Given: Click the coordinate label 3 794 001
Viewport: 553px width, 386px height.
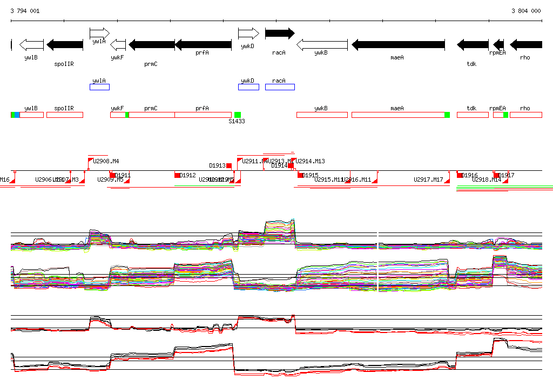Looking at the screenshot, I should coord(25,11).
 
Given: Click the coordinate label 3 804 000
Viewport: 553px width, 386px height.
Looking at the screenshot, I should coord(526,11).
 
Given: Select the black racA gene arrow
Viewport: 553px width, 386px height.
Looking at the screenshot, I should coord(279,34).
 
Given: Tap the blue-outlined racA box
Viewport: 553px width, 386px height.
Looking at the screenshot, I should coord(280,87).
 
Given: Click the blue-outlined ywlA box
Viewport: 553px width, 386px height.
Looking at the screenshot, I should coord(99,87).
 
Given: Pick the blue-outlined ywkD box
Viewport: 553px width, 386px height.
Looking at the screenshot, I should coord(248,87).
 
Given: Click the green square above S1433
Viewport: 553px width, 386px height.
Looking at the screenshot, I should coord(237,115).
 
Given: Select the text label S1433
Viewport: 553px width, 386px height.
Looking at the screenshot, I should coord(237,122).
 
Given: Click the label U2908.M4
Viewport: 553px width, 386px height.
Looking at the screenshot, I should coord(106,161).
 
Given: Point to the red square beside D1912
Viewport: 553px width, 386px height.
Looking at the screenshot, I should coord(177,175).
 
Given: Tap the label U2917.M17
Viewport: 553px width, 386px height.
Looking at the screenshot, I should coord(428,179).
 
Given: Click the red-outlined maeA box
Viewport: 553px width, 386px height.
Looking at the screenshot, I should coord(398,115).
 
